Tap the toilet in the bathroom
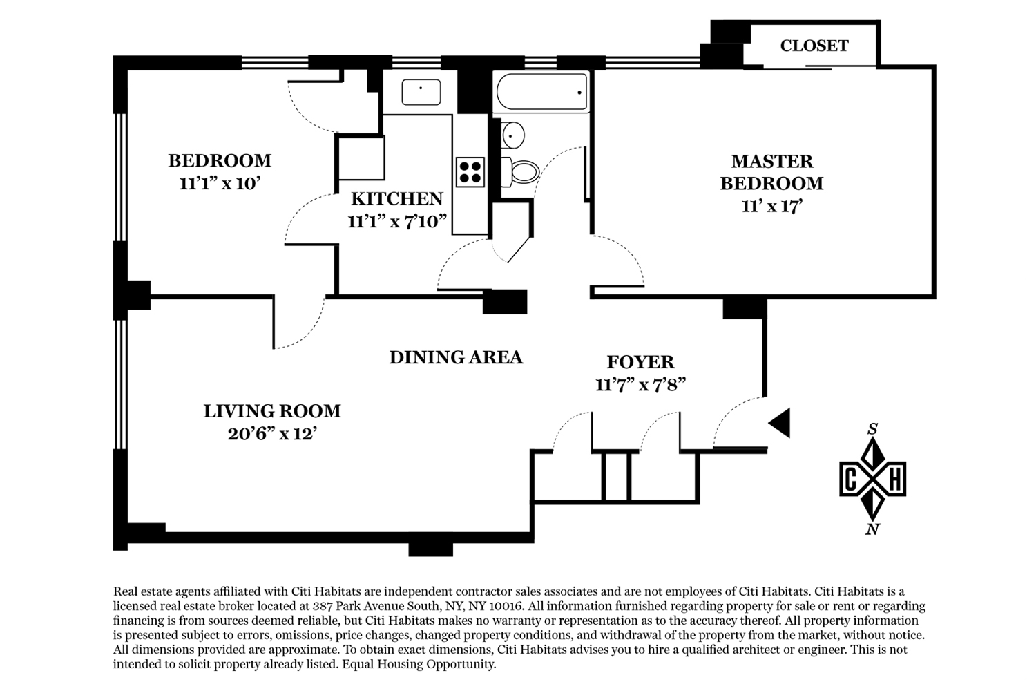click(520, 172)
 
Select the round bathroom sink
click(512, 135)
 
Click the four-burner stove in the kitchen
click(470, 172)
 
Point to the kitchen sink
click(421, 92)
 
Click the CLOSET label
click(814, 46)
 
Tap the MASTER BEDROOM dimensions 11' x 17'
click(771, 207)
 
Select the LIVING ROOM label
click(272, 411)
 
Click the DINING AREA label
click(456, 357)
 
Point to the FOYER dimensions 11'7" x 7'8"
click(640, 385)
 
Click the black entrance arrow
click(779, 423)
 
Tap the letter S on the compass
click(872, 430)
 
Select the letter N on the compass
click(872, 529)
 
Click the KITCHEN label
click(397, 199)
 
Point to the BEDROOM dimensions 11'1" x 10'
click(220, 184)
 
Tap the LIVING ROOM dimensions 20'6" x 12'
click(272, 434)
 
